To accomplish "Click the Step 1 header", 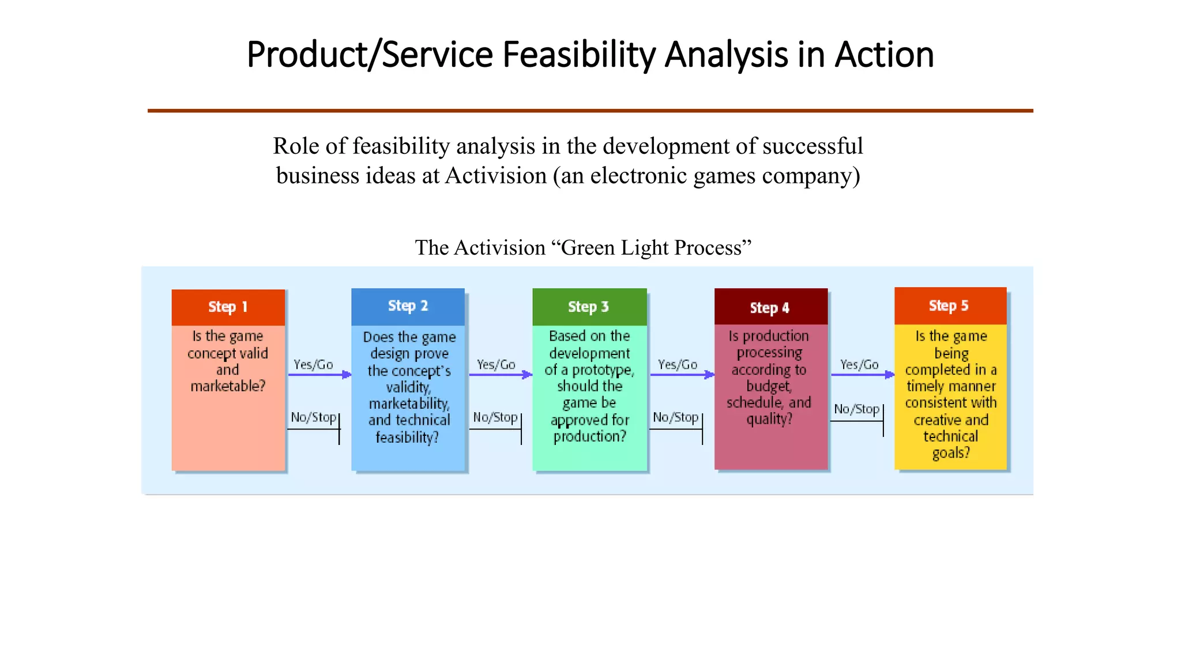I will (x=228, y=307).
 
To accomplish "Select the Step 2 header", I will (x=408, y=306).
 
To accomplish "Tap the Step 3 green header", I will (x=589, y=307).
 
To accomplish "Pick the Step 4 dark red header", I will (x=770, y=308).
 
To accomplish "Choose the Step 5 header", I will (x=949, y=306).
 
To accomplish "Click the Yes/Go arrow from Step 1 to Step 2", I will (x=319, y=375).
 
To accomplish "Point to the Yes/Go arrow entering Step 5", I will (x=862, y=375).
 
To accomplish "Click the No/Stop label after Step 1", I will (x=313, y=417).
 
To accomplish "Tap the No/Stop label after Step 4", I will (x=856, y=409).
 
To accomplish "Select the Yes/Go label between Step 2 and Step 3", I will (x=496, y=365).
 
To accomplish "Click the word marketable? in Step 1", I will (x=228, y=386).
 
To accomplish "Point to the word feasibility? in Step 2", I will (x=407, y=437).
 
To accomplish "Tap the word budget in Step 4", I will (x=769, y=386).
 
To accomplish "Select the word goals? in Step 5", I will (x=951, y=453).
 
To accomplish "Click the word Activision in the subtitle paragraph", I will (x=495, y=176).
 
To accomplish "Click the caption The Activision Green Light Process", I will (x=583, y=248).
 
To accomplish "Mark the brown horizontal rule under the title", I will (x=590, y=111).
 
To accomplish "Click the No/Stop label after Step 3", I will (x=675, y=417).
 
